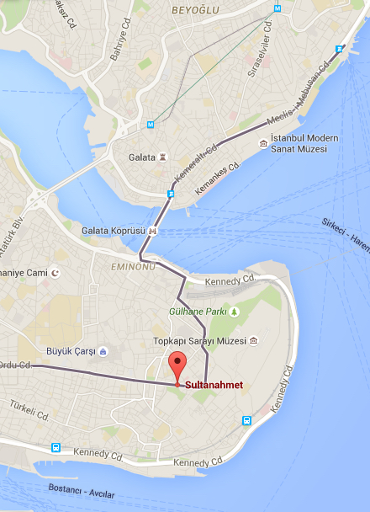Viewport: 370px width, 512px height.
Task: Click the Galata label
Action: (x=140, y=157)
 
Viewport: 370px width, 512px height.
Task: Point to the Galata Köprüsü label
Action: (x=114, y=231)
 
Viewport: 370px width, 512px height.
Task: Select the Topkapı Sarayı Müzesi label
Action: (x=199, y=341)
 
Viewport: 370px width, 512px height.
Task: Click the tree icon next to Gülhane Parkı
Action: (x=235, y=312)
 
